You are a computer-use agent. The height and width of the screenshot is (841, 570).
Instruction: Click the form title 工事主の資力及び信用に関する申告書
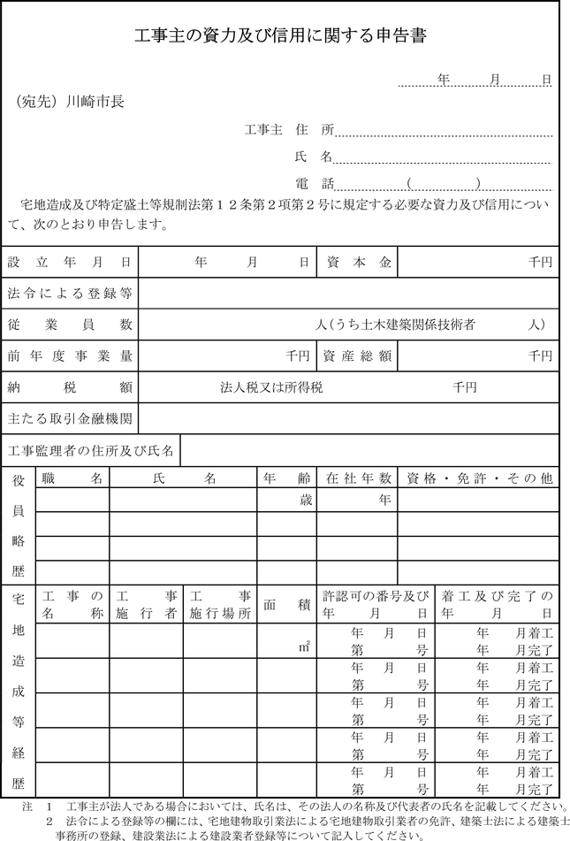tap(281, 36)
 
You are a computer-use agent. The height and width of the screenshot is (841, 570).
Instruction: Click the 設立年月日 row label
tap(70, 263)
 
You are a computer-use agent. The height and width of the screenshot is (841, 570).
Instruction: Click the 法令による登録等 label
tap(70, 293)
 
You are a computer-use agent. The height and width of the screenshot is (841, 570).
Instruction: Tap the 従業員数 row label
tap(70, 325)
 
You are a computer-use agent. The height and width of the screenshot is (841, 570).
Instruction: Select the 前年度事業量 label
tap(70, 356)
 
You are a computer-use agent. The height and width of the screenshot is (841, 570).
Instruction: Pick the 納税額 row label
tap(70, 387)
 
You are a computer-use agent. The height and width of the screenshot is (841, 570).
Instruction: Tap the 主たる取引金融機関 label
tap(70, 417)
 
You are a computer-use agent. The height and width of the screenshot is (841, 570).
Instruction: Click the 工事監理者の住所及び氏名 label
tap(91, 449)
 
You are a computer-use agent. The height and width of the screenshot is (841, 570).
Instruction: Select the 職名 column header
tap(72, 478)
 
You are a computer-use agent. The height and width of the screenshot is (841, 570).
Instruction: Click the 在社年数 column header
tap(357, 478)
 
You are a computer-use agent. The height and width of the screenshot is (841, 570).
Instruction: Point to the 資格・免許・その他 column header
tap(479, 478)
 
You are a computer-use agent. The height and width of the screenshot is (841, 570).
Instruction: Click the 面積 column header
tap(286, 605)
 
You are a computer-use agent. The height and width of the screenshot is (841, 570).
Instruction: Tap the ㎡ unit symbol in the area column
tap(304, 647)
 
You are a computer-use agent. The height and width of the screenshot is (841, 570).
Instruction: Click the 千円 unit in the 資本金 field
tap(540, 263)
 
